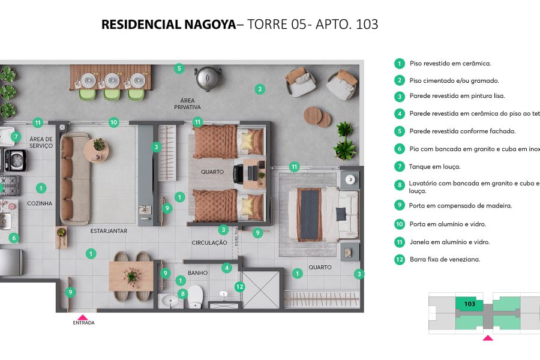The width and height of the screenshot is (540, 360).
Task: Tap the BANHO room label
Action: pos(197,273)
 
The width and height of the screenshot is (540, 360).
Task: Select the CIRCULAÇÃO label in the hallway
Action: pos(209,243)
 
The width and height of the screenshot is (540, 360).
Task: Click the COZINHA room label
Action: pos(40,203)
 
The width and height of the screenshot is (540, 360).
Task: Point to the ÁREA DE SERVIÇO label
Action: pos(41,142)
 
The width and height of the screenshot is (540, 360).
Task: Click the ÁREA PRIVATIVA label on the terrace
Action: pos(187,103)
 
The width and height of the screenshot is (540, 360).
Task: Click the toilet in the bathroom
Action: pos(196,298)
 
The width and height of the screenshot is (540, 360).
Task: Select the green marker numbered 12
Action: pos(239,287)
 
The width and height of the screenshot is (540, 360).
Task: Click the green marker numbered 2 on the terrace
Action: pos(260,89)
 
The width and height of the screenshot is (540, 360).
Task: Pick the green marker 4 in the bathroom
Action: pos(227,268)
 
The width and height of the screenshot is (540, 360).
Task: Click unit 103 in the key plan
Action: pos(470,304)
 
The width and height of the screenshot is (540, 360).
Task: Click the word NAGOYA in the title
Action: pos(206,25)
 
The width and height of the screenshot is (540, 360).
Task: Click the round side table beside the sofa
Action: pos(97,149)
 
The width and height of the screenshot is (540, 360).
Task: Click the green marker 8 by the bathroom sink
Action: pos(182,293)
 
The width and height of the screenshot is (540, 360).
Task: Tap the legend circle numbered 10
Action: pos(399,224)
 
